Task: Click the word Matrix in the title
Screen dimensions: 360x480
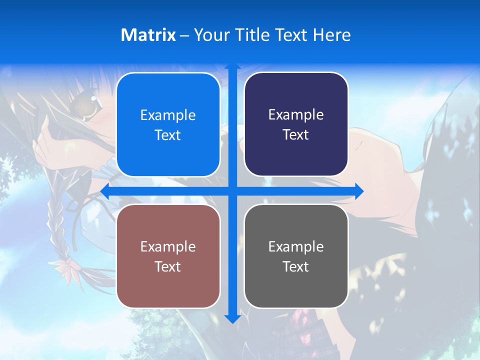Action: tap(148, 35)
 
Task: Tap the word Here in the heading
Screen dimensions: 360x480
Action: tap(331, 35)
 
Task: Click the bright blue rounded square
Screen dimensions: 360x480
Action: tap(168, 124)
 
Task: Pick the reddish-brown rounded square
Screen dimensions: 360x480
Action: tap(168, 256)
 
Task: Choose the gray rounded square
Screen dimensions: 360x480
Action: tap(296, 256)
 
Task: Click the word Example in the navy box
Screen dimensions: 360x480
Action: tap(296, 114)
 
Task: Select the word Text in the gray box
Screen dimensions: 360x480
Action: tap(296, 266)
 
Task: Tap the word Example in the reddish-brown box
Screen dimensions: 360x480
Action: tap(168, 246)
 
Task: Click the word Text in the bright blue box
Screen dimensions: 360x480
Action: tap(168, 135)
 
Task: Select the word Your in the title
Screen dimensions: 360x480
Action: tap(210, 35)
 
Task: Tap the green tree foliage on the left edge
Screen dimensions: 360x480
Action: tap(10, 175)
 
